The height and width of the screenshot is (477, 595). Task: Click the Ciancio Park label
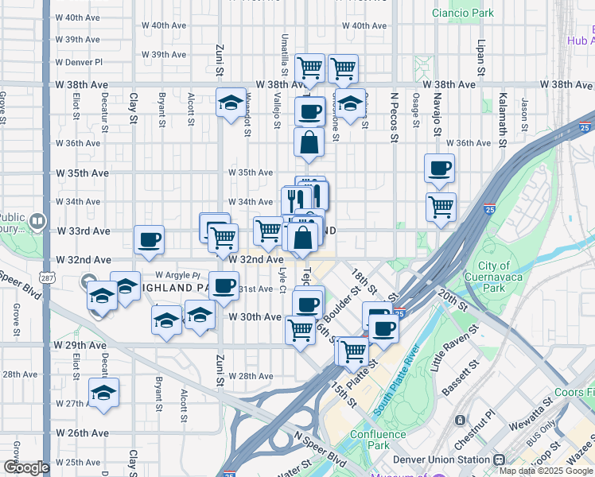point(463,13)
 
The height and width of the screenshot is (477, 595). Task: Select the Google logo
point(25,467)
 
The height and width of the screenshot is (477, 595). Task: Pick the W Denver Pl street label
point(78,61)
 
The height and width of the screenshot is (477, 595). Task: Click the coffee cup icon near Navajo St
point(439,168)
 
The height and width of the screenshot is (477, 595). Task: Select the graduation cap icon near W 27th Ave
point(103,392)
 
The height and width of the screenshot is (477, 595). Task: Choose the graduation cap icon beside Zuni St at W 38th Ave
point(231,102)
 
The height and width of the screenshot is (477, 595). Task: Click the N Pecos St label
point(393,118)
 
